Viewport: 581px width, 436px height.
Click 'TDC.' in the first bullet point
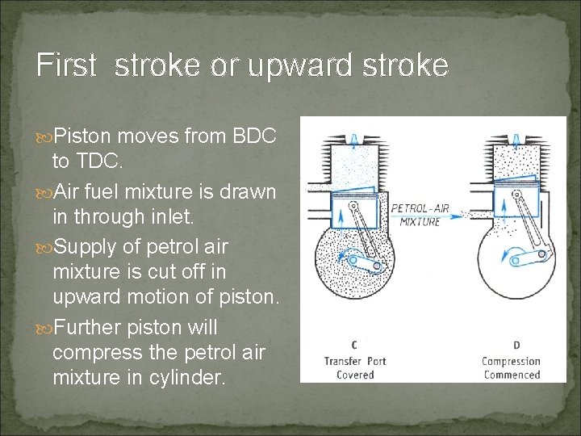88,161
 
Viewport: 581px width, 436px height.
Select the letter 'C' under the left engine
354,346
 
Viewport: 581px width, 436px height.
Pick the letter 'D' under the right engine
516,346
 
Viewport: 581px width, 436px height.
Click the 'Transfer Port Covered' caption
355,367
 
